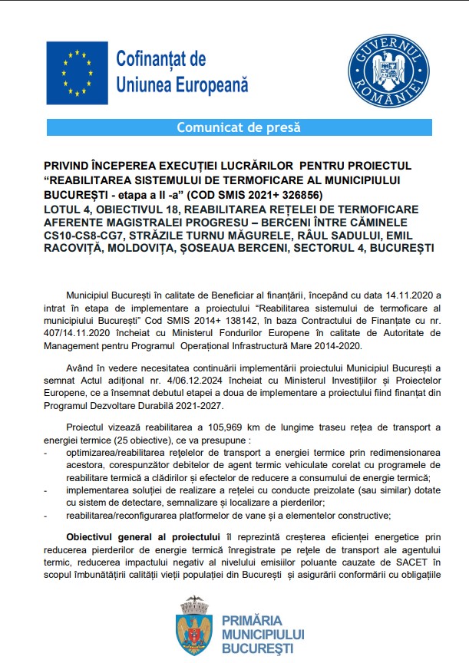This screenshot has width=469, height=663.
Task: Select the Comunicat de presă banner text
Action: point(239,127)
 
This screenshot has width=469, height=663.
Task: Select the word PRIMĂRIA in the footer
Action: point(252,620)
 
